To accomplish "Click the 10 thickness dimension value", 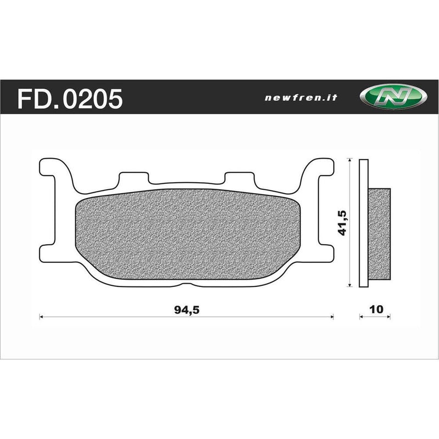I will coord(375,309).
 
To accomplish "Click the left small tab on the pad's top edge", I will coord(134,178).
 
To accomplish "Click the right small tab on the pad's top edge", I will coord(239,178).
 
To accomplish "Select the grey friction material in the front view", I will coord(187,236).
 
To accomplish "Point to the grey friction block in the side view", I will coord(380,236).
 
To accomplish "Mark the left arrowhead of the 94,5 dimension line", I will coord(42,316).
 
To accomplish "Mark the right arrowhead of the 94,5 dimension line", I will coord(332,316).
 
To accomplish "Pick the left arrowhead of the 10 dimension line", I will coord(361,316).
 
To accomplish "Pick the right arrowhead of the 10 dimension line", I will coord(389,316).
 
